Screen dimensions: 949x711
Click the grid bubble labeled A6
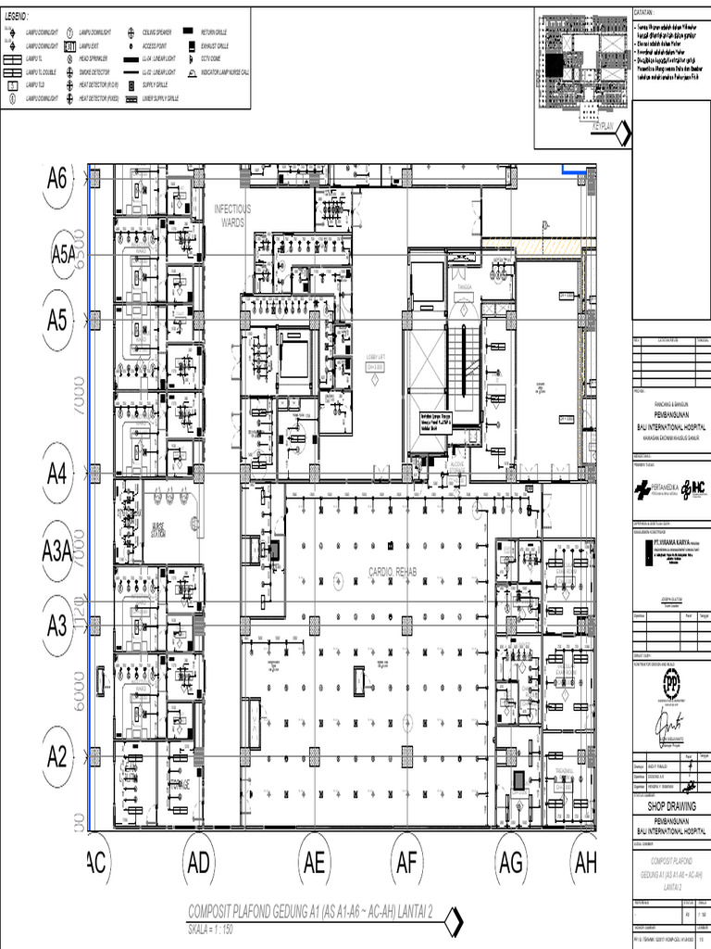57,179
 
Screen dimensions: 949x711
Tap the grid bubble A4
57,474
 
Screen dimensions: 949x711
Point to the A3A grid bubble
57,553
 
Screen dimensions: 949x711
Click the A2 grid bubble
57,757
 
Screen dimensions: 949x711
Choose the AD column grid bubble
198,864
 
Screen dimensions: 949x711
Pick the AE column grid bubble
314,864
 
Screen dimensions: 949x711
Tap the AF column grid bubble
406,864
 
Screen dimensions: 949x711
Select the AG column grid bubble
511,864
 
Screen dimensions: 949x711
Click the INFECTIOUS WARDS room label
232,216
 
